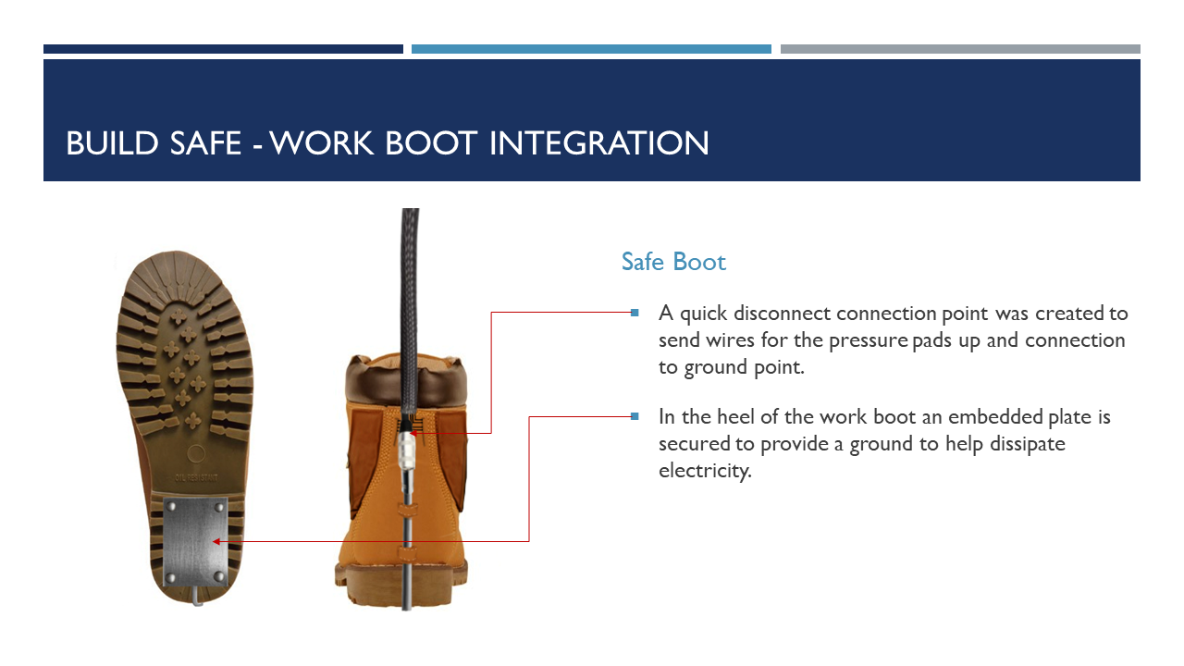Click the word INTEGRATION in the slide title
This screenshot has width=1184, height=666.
tap(598, 143)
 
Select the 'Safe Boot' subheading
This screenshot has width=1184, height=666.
tap(673, 262)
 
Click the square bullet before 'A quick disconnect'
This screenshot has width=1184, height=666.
tap(635, 313)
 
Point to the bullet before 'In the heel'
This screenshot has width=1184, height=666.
tap(635, 416)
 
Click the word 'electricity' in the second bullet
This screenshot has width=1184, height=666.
tap(704, 471)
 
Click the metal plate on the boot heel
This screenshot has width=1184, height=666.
tap(194, 541)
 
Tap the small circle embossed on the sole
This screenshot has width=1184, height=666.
tap(195, 453)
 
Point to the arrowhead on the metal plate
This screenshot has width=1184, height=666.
tap(216, 541)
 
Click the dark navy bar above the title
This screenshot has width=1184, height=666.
tap(223, 49)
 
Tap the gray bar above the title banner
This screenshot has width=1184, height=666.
tap(960, 49)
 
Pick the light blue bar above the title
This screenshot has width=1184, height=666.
tap(591, 49)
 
